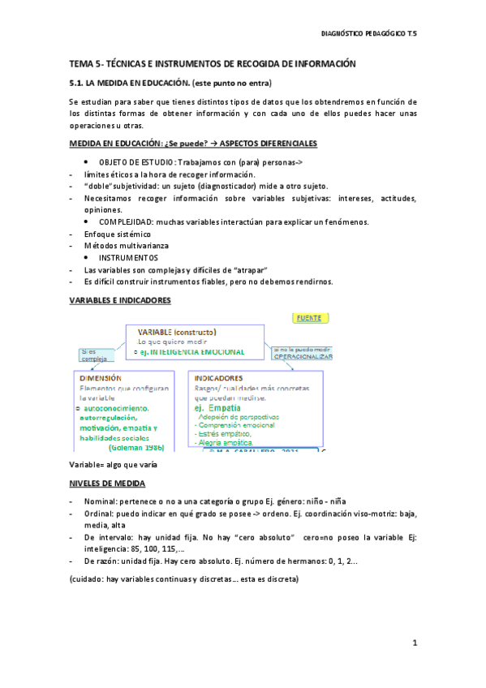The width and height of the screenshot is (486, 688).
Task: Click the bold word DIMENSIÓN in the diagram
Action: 101,377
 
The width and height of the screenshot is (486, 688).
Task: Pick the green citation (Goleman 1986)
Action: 136,446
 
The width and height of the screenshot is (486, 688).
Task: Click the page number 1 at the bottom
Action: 414,643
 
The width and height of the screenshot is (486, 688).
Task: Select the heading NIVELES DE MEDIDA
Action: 107,483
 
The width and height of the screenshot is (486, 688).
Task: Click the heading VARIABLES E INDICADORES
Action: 119,299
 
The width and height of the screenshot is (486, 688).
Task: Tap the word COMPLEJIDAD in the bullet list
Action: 126,221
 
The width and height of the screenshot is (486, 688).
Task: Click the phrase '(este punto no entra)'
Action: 230,83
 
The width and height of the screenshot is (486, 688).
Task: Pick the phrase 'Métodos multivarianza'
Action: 124,245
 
